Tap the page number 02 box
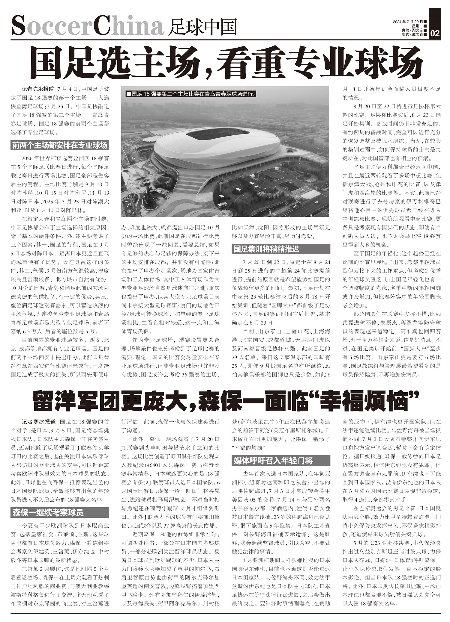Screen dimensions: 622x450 (435, 33)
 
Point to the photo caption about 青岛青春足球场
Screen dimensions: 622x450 (191, 94)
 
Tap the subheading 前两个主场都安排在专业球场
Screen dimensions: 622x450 (60, 146)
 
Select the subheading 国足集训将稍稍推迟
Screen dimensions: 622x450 (266, 249)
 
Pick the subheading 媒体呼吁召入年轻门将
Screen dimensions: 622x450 (273, 461)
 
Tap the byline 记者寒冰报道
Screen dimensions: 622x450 (39, 422)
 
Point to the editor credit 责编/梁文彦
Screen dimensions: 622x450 (412, 30)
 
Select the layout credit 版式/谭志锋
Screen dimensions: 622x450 (412, 34)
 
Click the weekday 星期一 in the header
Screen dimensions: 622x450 (417, 26)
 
